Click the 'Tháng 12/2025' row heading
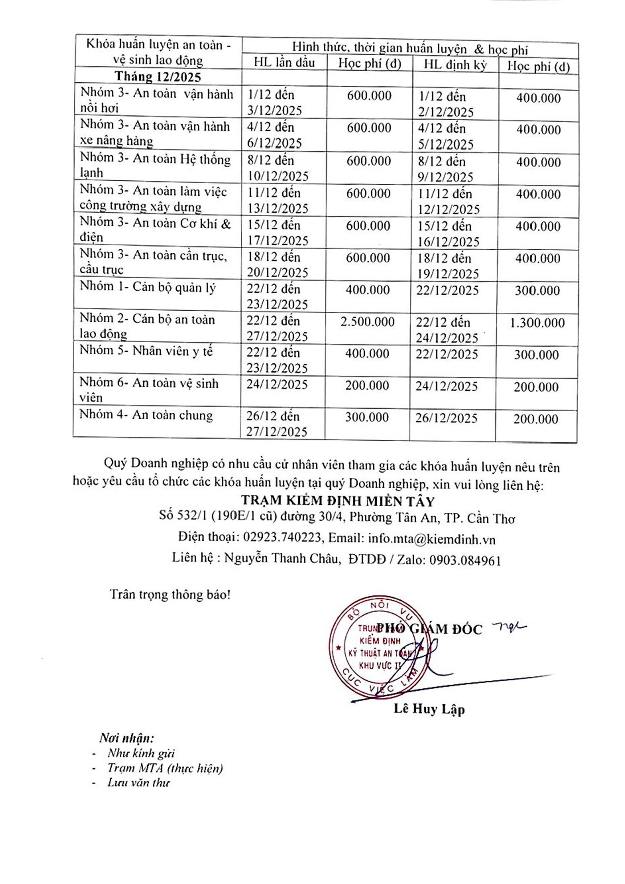tap(158, 76)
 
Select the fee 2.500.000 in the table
tap(367, 322)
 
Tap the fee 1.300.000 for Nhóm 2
tap(537, 323)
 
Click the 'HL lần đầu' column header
tap(284, 62)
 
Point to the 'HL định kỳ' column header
tap(455, 65)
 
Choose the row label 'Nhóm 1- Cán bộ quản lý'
tap(148, 287)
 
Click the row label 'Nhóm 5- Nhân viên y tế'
tap(146, 351)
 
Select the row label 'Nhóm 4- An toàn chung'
tap(146, 415)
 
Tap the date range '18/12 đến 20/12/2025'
tap(277, 265)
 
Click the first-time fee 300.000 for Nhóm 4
tap(367, 417)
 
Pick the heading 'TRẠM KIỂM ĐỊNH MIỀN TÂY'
tap(338, 501)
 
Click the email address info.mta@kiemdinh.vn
tap(432, 539)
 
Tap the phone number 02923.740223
tap(282, 537)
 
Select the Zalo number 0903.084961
tap(465, 560)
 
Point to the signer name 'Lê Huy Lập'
tap(429, 709)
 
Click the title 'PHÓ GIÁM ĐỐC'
tap(429, 629)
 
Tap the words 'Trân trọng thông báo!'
tap(170, 594)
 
